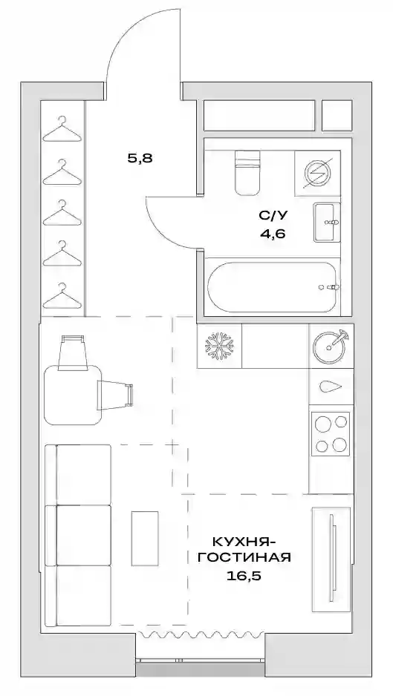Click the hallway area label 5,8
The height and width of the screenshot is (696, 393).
[x=140, y=157]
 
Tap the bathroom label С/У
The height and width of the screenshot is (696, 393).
[x=273, y=215]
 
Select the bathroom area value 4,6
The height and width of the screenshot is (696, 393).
[x=273, y=232]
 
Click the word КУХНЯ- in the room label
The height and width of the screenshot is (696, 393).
[x=244, y=542]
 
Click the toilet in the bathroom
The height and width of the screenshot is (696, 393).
[x=247, y=173]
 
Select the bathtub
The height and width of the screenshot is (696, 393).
[x=273, y=287]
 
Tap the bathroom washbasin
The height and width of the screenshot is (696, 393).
[x=327, y=222]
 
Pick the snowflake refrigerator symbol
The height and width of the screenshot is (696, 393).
[x=219, y=346]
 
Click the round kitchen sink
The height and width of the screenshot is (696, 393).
[x=329, y=346]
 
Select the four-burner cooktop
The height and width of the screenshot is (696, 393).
[x=331, y=433]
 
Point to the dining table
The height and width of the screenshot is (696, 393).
[x=74, y=395]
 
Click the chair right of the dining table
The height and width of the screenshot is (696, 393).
[x=115, y=395]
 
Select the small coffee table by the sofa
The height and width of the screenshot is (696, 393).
[x=144, y=538]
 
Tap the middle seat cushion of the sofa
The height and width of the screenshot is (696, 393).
[x=84, y=535]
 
